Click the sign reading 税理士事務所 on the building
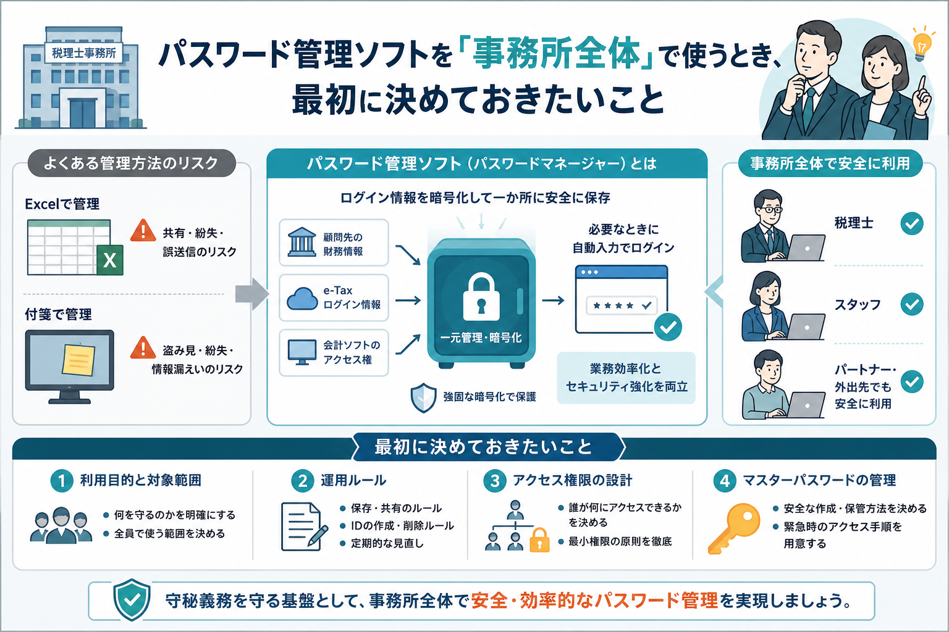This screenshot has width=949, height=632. [x=83, y=53]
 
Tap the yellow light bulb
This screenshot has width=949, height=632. [x=922, y=45]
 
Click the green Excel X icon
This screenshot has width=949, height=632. [x=110, y=260]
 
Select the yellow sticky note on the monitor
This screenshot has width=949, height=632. [x=78, y=359]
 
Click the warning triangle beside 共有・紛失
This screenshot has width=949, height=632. [x=143, y=231]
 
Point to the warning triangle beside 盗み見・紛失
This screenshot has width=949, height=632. [x=143, y=348]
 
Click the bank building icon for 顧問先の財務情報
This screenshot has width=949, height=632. [x=302, y=242]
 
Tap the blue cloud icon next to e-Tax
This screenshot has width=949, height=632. [x=302, y=299]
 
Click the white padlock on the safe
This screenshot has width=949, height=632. [x=481, y=297]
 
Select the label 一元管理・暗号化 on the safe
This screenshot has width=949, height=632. [x=481, y=338]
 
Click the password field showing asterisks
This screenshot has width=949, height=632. [x=622, y=306]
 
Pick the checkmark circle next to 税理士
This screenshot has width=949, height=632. [x=912, y=223]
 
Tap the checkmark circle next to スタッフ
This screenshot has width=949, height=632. [x=912, y=304]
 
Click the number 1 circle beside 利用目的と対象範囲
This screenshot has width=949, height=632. [x=62, y=481]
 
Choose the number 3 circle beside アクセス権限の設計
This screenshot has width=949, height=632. [x=495, y=481]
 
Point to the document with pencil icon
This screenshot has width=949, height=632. [x=304, y=526]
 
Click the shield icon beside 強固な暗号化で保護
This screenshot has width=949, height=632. [x=423, y=397]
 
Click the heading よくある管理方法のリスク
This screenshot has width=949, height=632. [x=131, y=163]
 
